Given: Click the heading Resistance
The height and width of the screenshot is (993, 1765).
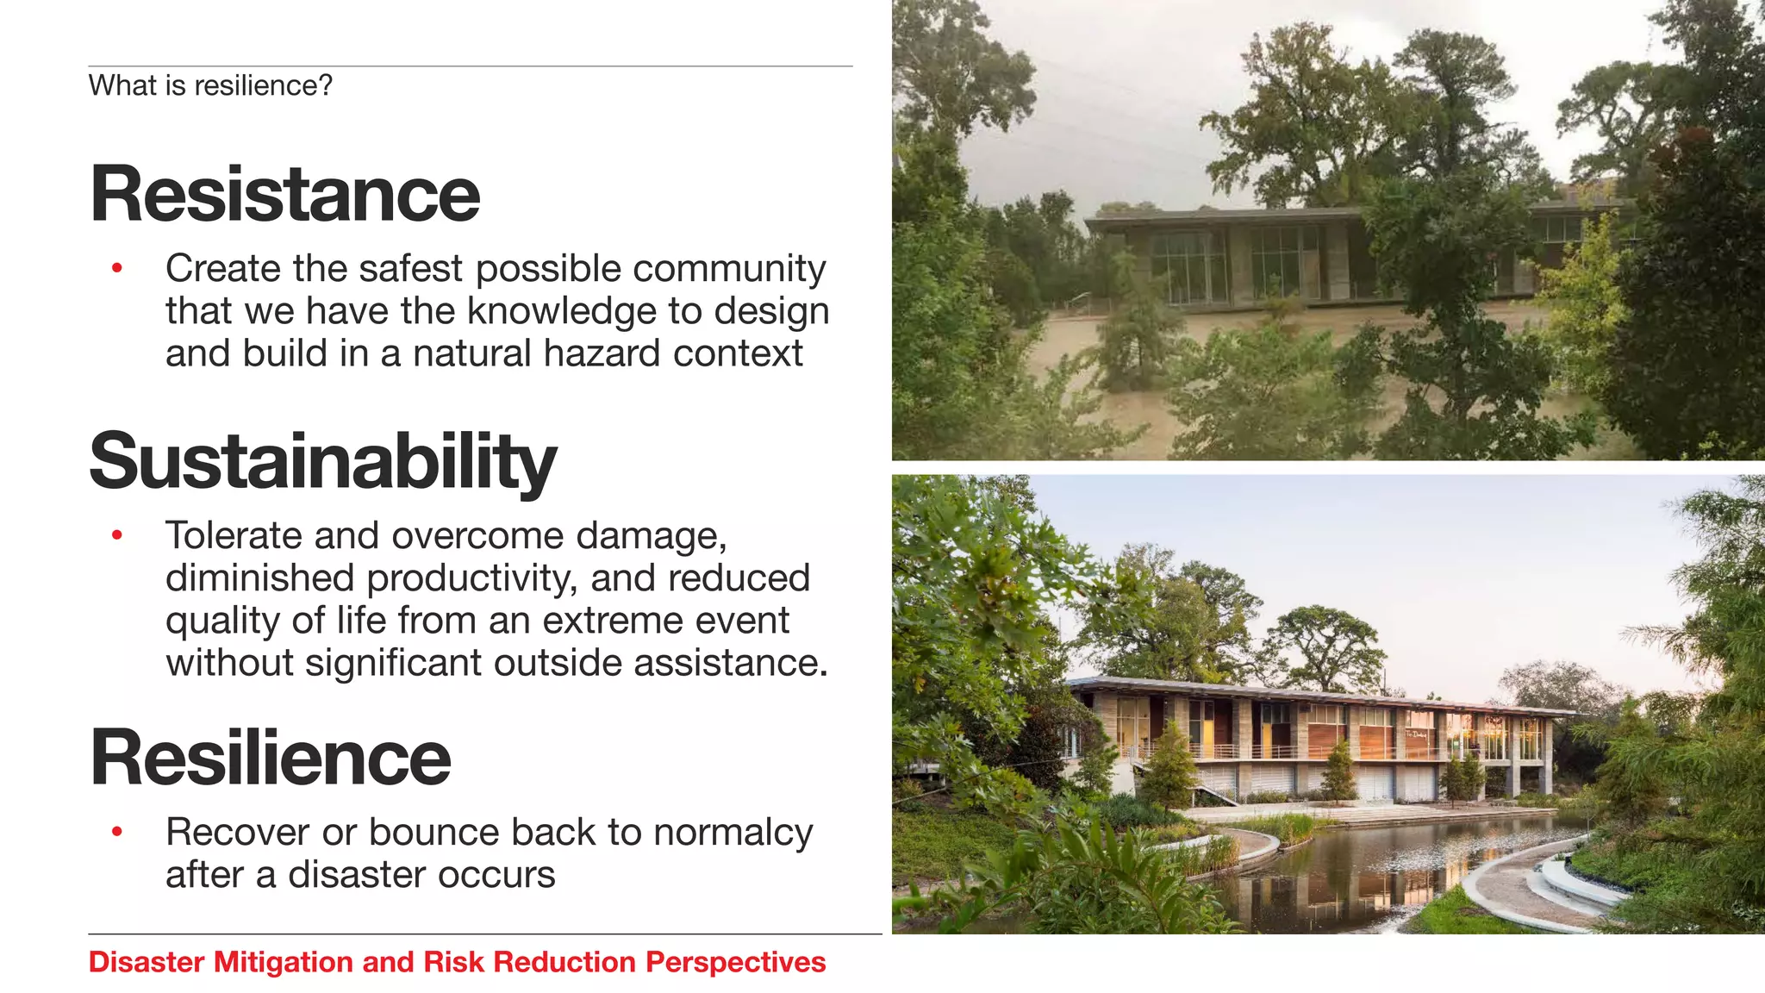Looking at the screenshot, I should [284, 195].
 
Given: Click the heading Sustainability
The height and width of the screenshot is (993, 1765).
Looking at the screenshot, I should [322, 462].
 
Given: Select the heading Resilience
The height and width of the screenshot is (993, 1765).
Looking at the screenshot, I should [271, 759].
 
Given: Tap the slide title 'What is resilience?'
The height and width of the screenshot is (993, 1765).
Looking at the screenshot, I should [210, 86].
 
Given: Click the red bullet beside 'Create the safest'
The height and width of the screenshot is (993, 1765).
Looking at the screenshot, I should [117, 269].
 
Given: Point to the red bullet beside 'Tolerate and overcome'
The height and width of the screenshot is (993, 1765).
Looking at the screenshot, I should [117, 536].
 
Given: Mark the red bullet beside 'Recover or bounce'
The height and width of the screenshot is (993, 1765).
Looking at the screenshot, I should [117, 833].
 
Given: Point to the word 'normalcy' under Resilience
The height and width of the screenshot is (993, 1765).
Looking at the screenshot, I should [733, 833].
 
